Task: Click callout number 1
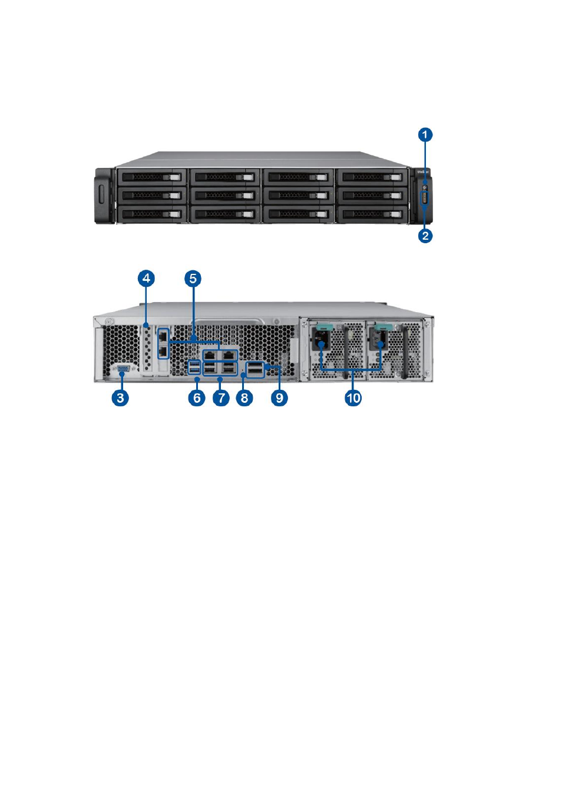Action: coord(425,135)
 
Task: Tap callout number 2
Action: coord(425,236)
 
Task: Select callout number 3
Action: coord(120,397)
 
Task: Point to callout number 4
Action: coord(146,279)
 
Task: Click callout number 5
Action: coord(193,279)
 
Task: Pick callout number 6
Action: coord(196,397)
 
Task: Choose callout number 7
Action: coord(221,397)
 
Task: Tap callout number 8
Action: coord(244,397)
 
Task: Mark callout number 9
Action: coord(279,397)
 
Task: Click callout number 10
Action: coord(353,397)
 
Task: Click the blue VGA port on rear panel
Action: coord(123,370)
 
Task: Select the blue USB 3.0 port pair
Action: coord(194,367)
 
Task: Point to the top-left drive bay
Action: coord(152,177)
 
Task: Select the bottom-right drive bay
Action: coord(372,214)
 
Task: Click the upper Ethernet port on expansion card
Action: coord(163,334)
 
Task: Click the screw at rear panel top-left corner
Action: coord(108,322)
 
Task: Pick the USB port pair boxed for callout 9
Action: coord(255,369)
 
